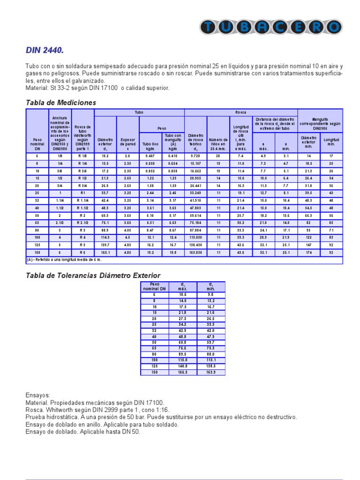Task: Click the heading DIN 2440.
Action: [x=44, y=50]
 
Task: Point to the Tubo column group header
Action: [x=139, y=112]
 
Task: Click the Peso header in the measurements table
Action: [x=161, y=128]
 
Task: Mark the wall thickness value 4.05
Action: [x=127, y=230]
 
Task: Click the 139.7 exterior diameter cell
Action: [x=105, y=245]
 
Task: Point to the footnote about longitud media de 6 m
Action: [x=64, y=259]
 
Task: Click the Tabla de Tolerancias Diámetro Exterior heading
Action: [x=93, y=275]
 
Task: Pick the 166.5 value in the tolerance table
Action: [x=183, y=372]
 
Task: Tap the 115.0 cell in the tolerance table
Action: [x=183, y=359]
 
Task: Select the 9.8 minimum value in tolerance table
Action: [x=211, y=294]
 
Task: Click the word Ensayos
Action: [x=37, y=395]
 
